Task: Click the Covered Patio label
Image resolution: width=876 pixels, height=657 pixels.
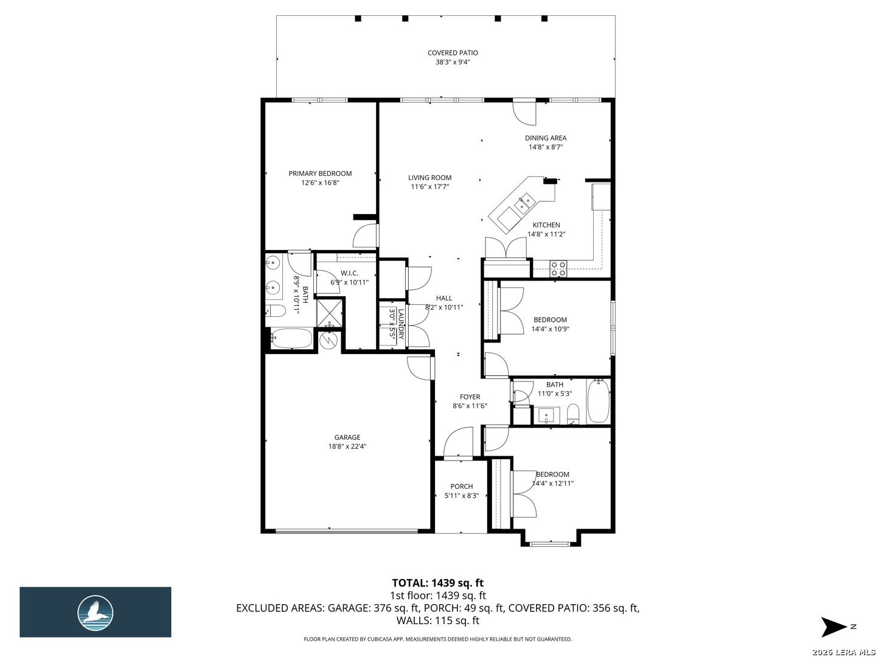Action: click(452, 53)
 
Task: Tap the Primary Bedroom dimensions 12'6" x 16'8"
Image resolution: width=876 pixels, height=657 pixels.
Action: click(320, 182)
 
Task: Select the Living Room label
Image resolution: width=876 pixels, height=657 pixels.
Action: click(429, 178)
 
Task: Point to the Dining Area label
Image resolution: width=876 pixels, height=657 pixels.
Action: click(545, 138)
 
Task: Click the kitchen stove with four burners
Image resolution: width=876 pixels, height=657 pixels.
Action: click(557, 268)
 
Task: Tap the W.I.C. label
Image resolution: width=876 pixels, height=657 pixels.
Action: click(349, 273)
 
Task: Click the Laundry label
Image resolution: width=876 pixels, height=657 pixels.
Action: click(401, 324)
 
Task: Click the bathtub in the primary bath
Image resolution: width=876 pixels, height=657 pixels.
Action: click(291, 339)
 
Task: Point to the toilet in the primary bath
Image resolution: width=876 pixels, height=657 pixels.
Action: click(276, 311)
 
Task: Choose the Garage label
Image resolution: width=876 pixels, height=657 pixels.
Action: click(347, 437)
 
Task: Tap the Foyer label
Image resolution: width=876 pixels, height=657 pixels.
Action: click(469, 397)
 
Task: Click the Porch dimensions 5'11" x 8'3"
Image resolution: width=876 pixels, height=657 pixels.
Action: click(461, 496)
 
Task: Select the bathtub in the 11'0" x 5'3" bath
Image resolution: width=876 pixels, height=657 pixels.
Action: click(598, 400)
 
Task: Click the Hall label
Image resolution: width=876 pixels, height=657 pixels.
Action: click(444, 298)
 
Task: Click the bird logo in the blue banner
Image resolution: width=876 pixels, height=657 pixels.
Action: click(96, 613)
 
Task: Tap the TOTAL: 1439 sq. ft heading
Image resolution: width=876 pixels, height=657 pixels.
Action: click(438, 583)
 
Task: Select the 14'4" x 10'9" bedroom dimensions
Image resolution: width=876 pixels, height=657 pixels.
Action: click(550, 329)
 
